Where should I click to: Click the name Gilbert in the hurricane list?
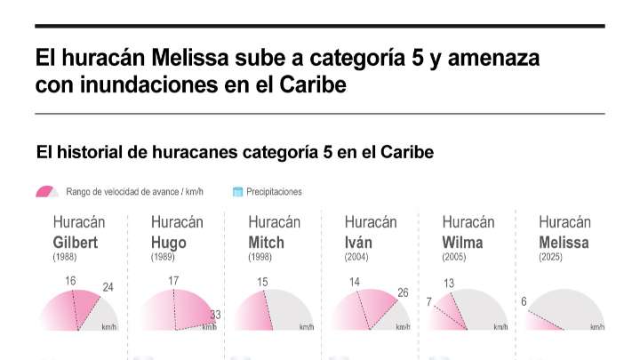[x=75, y=243]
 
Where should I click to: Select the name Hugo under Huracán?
[x=169, y=243]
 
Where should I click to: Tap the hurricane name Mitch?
[x=266, y=243]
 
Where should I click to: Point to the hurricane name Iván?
[x=358, y=243]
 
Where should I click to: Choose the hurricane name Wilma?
[x=462, y=243]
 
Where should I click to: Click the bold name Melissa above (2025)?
[x=564, y=243]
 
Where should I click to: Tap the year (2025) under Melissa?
[x=552, y=257]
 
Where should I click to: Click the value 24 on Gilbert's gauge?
[x=108, y=287]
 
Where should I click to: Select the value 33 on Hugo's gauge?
[x=214, y=315]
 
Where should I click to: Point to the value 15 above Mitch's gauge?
[x=262, y=283]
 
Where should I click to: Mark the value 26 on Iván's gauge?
[x=403, y=292]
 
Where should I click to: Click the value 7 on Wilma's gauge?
[x=428, y=302]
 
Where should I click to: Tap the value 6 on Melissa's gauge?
[x=524, y=301]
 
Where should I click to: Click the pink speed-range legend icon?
[x=47, y=191]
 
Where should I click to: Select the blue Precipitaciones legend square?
[x=237, y=191]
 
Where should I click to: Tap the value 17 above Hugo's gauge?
[x=173, y=282]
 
